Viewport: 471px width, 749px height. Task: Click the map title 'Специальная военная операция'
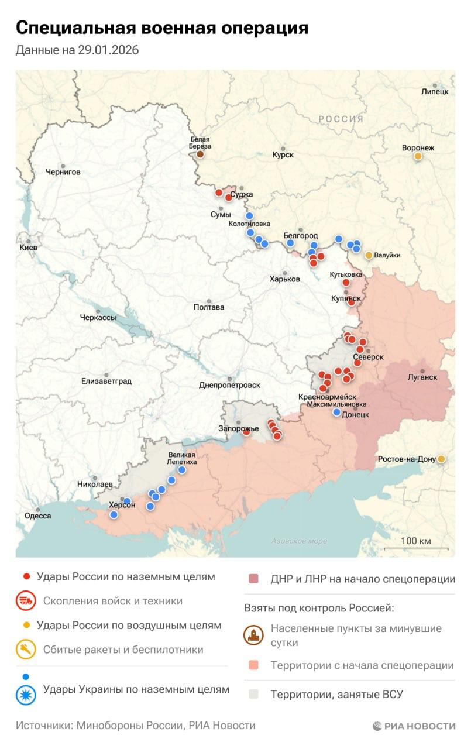pyautogui.click(x=161, y=28)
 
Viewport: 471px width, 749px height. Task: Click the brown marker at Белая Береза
pyautogui.click(x=200, y=154)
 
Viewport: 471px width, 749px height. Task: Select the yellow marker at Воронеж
pyautogui.click(x=418, y=156)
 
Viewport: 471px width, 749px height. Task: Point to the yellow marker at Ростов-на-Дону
pyautogui.click(x=441, y=459)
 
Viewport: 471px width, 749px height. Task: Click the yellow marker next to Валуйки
pyautogui.click(x=369, y=255)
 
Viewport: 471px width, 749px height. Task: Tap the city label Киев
pyautogui.click(x=28, y=248)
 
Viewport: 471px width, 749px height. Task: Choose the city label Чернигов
pyautogui.click(x=63, y=172)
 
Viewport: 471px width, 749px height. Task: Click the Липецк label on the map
pyautogui.click(x=435, y=92)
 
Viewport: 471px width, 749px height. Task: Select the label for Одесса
pyautogui.click(x=37, y=516)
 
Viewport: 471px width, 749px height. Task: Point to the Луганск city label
pyautogui.click(x=422, y=377)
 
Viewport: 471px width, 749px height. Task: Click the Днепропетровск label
pyautogui.click(x=229, y=385)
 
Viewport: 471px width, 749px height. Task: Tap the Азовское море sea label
pyautogui.click(x=299, y=541)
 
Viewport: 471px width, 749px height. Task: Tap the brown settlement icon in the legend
pyautogui.click(x=254, y=635)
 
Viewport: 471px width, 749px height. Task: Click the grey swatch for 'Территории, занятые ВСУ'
pyautogui.click(x=253, y=695)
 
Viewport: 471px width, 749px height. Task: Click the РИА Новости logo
pyautogui.click(x=414, y=726)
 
